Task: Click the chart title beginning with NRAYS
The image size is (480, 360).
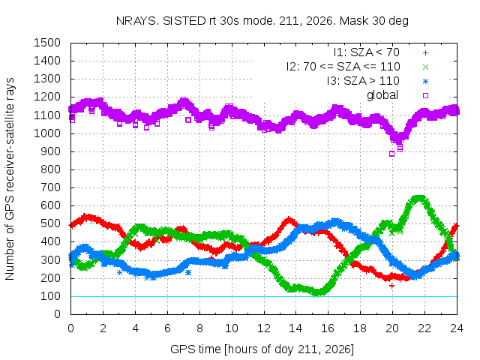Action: point(262,21)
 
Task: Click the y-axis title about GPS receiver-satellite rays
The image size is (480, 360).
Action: point(10,178)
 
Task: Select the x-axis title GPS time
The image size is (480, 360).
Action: point(262,349)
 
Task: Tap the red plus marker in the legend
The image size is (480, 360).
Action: point(425,53)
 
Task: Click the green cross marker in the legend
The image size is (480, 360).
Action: point(425,67)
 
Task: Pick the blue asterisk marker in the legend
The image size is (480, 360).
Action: point(425,82)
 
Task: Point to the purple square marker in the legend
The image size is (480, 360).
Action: point(425,95)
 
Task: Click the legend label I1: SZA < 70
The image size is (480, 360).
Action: point(367,52)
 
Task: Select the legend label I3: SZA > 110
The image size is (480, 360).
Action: point(363,81)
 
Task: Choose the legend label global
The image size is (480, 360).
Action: point(382,95)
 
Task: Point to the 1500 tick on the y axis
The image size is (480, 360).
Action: point(47,43)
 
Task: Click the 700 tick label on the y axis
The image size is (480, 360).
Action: point(50,187)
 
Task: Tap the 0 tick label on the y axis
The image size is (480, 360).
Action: point(57,314)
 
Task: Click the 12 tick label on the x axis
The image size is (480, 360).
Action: point(263,328)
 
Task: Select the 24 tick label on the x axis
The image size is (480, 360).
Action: point(457,328)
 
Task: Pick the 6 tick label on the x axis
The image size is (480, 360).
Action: point(167,328)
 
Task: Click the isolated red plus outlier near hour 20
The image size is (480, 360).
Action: point(391,286)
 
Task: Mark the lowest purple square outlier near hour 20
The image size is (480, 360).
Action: point(391,154)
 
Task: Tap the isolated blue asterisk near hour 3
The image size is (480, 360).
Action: point(119,272)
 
